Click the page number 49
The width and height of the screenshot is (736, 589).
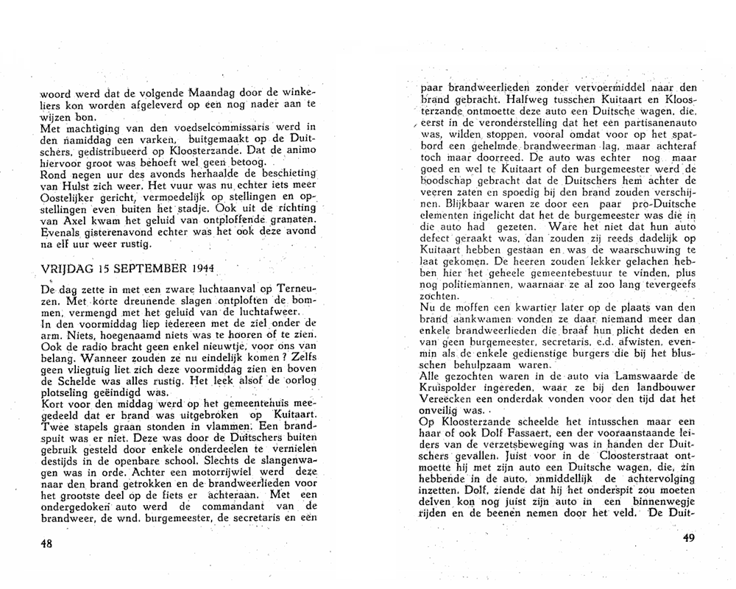click(689, 537)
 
